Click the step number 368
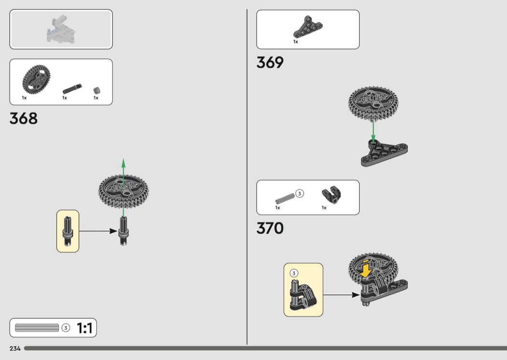(x=24, y=118)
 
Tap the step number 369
(x=270, y=62)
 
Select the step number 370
(x=270, y=228)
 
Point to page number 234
(x=15, y=348)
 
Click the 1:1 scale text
(x=84, y=328)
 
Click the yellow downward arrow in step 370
(x=366, y=268)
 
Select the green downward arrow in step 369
(x=373, y=131)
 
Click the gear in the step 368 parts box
(x=36, y=79)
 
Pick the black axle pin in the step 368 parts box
(x=72, y=89)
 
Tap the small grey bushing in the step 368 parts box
(x=97, y=91)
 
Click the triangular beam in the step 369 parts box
(x=308, y=27)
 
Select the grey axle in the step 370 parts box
(x=285, y=199)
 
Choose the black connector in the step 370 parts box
(x=332, y=195)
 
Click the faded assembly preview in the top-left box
(x=61, y=29)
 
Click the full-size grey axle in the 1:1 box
(x=37, y=328)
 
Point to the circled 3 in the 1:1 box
(x=66, y=328)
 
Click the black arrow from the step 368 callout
(x=98, y=231)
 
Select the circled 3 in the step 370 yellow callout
(x=294, y=273)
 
